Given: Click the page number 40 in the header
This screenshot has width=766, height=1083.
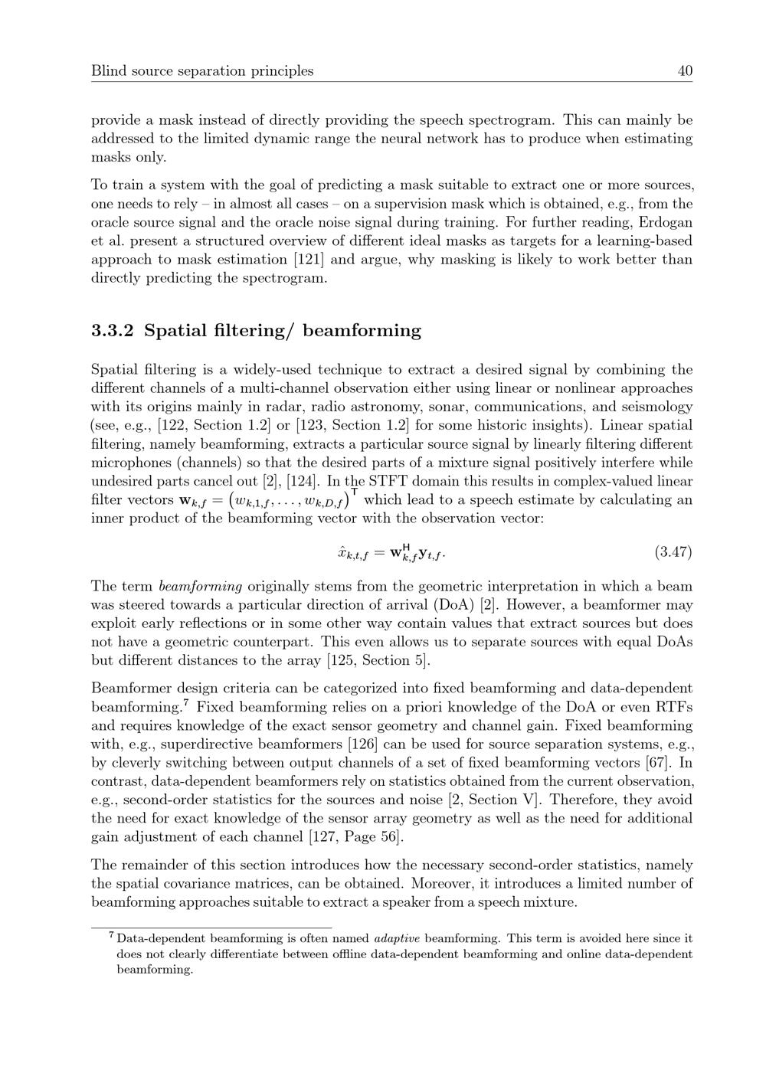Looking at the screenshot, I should pyautogui.click(x=685, y=71).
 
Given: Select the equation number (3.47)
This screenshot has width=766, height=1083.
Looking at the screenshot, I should pyautogui.click(x=673, y=551).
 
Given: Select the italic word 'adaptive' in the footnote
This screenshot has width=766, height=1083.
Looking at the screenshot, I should pyautogui.click(x=395, y=938).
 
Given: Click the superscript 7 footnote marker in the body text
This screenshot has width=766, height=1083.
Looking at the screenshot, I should pyautogui.click(x=185, y=703).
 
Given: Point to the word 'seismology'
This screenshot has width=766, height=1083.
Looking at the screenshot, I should pyautogui.click(x=656, y=407).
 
